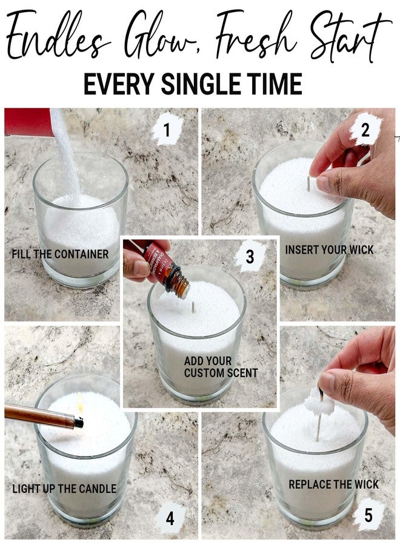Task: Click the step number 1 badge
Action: (167, 130)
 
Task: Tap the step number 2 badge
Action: (365, 130)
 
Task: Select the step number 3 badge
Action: (250, 257)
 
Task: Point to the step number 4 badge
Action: (170, 518)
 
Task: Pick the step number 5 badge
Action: (368, 515)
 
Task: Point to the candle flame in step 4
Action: (81, 403)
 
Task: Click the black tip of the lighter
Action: (79, 422)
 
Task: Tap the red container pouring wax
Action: (28, 122)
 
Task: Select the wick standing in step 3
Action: (193, 307)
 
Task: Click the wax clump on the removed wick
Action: (319, 405)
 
